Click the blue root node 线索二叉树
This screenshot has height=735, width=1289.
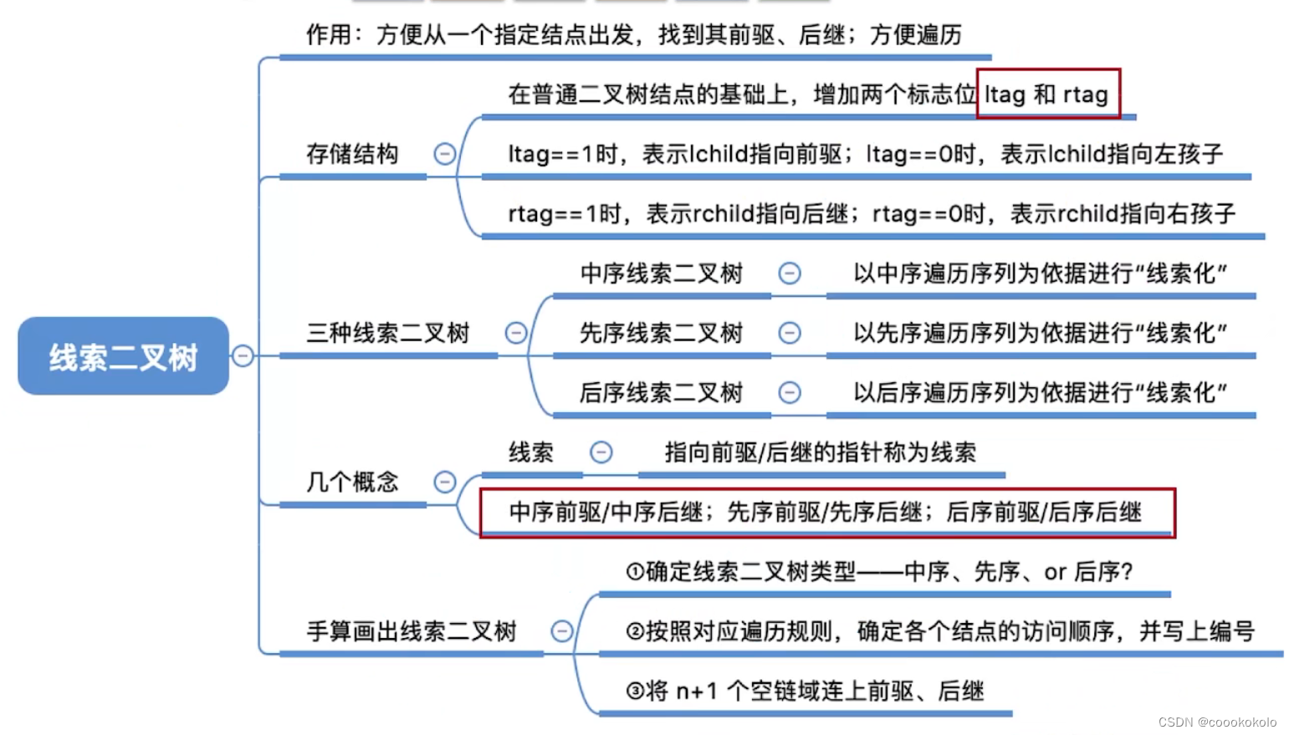pyautogui.click(x=123, y=356)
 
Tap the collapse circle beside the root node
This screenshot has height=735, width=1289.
pyautogui.click(x=243, y=356)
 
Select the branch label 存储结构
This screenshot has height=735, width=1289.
pyautogui.click(x=352, y=154)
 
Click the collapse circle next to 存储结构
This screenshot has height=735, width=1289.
pyautogui.click(x=445, y=154)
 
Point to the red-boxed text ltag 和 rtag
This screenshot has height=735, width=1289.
pyautogui.click(x=1046, y=94)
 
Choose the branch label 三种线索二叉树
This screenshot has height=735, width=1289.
pyautogui.click(x=388, y=333)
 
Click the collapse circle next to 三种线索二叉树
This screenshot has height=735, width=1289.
pyautogui.click(x=516, y=333)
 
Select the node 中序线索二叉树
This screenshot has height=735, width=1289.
pyautogui.click(x=661, y=273)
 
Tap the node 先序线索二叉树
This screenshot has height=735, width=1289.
pyautogui.click(x=661, y=333)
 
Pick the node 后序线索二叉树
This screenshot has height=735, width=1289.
pyautogui.click(x=661, y=392)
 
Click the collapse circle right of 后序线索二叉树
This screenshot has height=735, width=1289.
pyautogui.click(x=790, y=392)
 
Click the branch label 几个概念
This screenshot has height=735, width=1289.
pyautogui.click(x=352, y=482)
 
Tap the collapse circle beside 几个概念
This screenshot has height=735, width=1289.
pyautogui.click(x=445, y=482)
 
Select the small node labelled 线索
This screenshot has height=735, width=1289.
pyautogui.click(x=531, y=452)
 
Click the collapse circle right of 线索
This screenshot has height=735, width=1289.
pyautogui.click(x=601, y=452)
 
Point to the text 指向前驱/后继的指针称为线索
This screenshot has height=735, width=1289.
pyautogui.click(x=820, y=452)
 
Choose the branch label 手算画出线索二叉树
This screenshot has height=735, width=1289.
pyautogui.click(x=412, y=631)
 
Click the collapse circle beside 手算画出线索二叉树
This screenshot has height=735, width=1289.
pyautogui.click(x=562, y=631)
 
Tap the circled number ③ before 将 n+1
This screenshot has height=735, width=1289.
pyautogui.click(x=635, y=692)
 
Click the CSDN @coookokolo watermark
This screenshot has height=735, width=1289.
pyautogui.click(x=1217, y=722)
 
